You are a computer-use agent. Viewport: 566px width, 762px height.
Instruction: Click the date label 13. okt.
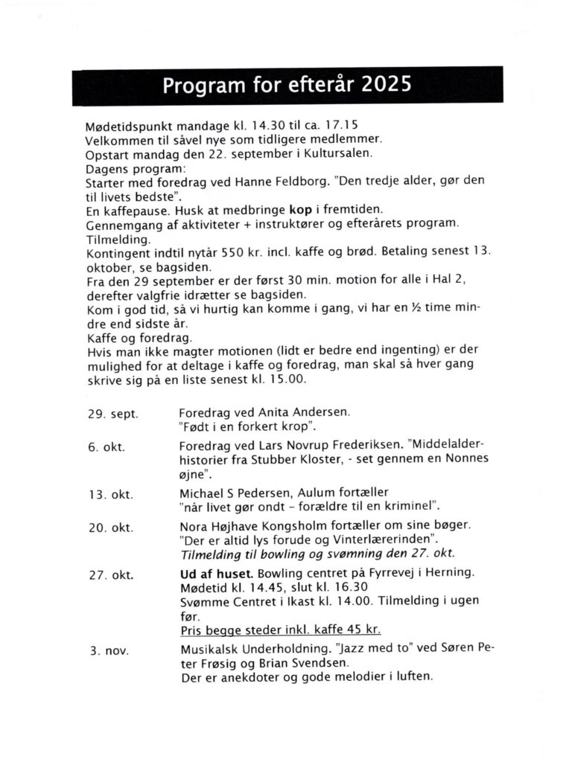[x=111, y=493]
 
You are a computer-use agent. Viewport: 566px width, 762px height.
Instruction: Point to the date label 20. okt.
[x=111, y=528]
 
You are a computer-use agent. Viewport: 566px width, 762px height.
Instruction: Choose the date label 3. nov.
[x=109, y=650]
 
